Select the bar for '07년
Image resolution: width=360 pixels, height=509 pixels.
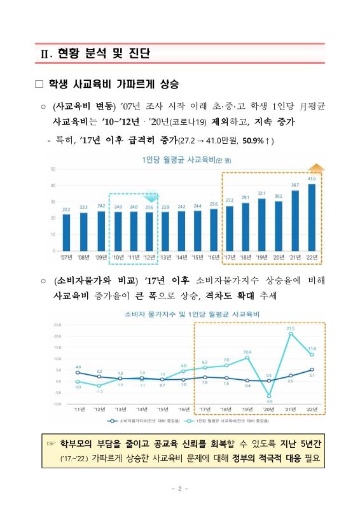(66, 233)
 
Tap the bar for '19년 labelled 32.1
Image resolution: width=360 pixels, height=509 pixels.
(261, 225)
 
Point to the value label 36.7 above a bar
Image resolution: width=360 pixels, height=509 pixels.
(295, 185)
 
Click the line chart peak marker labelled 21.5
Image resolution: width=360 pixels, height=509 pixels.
(291, 333)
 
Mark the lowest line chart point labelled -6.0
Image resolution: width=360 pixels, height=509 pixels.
(269, 396)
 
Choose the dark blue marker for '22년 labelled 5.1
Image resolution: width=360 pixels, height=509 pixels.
(312, 370)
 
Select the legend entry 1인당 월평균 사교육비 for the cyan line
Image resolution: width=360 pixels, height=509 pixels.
(227, 421)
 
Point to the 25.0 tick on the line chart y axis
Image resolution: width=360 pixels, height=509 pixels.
(57, 324)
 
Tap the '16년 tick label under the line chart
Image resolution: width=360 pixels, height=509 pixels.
(184, 409)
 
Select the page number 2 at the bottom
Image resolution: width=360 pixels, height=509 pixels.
(180, 489)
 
